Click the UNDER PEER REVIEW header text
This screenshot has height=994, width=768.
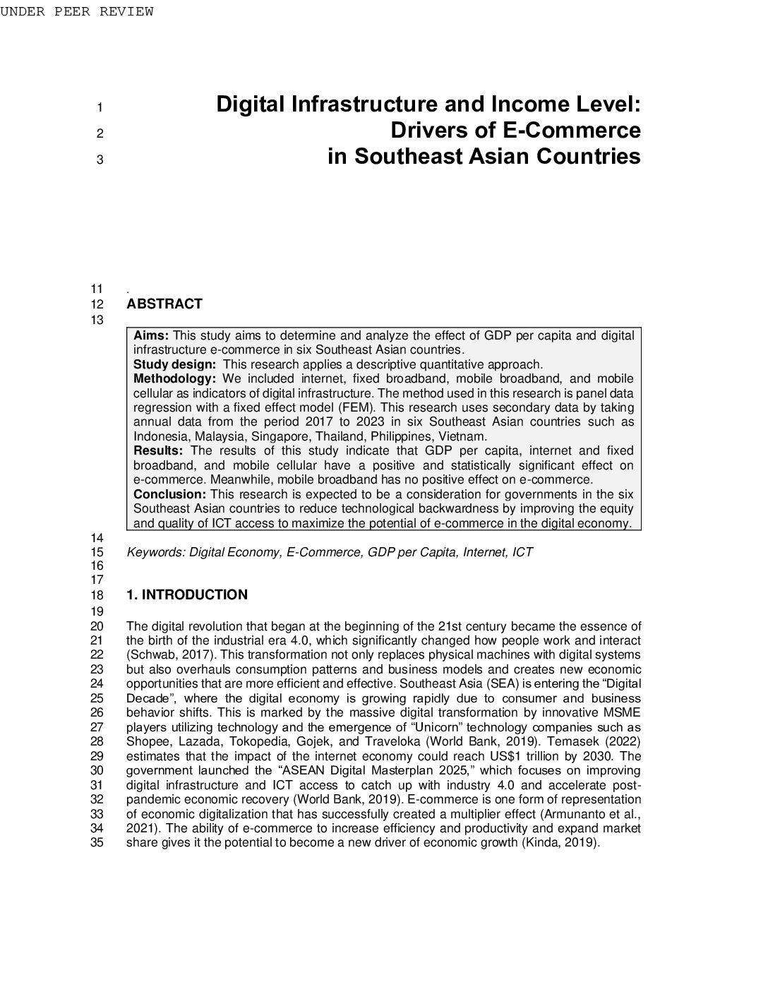(76, 11)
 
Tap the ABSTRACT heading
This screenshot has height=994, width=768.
(164, 304)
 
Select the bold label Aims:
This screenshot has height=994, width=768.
(151, 335)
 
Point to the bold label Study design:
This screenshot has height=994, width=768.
(174, 364)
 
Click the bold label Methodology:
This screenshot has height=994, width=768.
(174, 379)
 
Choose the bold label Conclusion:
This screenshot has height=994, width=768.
(169, 494)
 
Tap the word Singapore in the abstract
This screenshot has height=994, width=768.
(280, 436)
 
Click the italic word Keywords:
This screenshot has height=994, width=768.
(156, 552)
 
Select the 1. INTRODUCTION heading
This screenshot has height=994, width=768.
(187, 595)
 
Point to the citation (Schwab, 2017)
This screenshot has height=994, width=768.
(167, 655)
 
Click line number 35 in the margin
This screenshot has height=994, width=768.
(97, 843)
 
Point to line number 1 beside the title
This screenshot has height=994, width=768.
(100, 108)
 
